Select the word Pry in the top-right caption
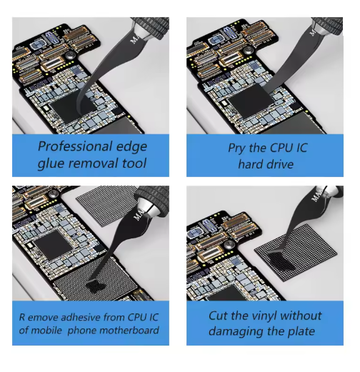[236, 149]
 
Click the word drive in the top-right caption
[280, 164]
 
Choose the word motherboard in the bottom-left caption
[129, 331]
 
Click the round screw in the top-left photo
[71, 55]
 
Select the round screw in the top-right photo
[249, 50]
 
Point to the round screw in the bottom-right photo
[230, 244]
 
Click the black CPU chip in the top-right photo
[251, 99]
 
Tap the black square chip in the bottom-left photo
[54, 245]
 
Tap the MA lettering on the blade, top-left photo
[134, 39]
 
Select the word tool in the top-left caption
[134, 164]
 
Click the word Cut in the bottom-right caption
[218, 316]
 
